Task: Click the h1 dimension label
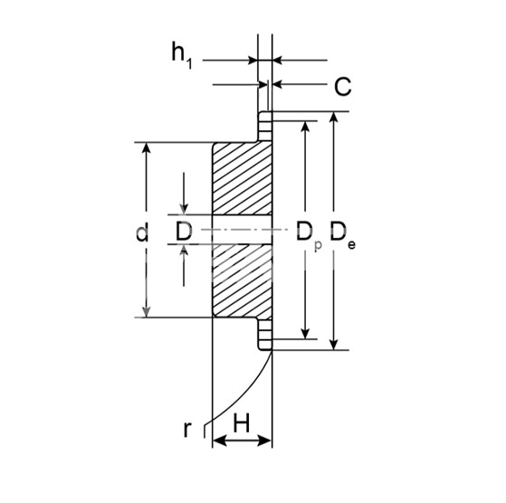pos(182,55)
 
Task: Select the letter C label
pos(342,87)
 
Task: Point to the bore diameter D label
pos(184,231)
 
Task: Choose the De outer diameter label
pos(342,234)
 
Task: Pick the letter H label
pos(242,422)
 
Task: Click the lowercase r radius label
pos(187,429)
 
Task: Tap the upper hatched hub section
pos(243,178)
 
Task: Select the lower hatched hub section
pos(243,280)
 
